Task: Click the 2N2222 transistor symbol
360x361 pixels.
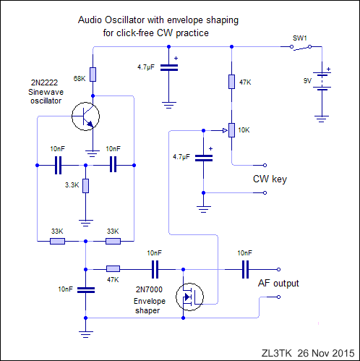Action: click(x=85, y=116)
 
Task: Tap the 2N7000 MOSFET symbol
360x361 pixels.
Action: click(x=189, y=297)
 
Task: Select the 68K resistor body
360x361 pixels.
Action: click(x=93, y=75)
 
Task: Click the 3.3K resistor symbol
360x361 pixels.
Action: click(x=85, y=186)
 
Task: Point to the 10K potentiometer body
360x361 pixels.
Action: click(x=231, y=130)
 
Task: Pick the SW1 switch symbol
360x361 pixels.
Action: click(x=301, y=47)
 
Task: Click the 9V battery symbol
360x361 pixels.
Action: click(x=322, y=81)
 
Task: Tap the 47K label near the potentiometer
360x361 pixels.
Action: click(x=245, y=82)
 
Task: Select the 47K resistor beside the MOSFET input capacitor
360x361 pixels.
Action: click(x=113, y=269)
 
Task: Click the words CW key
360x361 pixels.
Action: click(x=270, y=179)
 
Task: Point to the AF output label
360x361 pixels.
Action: click(x=278, y=284)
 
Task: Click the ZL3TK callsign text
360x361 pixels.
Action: click(x=277, y=353)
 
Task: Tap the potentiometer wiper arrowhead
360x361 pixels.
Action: click(x=225, y=131)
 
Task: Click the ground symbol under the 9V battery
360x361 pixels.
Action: click(x=322, y=119)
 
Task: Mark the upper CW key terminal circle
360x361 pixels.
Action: click(x=265, y=165)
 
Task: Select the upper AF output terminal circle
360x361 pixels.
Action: click(x=278, y=269)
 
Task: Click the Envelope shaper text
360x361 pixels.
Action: click(x=149, y=306)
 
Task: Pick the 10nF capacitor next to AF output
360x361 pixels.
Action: click(x=245, y=269)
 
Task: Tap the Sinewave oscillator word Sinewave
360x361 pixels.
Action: click(x=46, y=92)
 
